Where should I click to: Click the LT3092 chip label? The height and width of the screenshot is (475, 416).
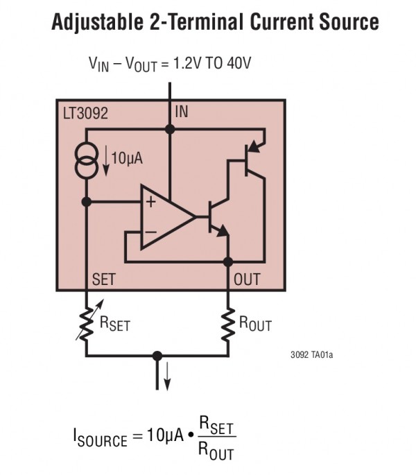(85, 112)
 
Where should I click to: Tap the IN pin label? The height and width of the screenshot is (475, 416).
(182, 112)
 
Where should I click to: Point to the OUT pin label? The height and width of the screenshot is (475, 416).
(248, 279)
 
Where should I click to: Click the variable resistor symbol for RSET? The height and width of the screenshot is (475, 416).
(87, 322)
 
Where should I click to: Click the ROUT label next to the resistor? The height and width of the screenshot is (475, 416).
(256, 323)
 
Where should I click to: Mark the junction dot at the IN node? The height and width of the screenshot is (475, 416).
(169, 129)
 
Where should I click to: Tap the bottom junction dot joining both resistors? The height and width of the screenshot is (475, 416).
(157, 354)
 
